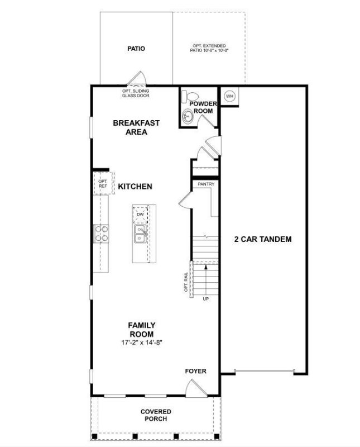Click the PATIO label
click(x=136, y=49)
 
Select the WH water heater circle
click(x=229, y=96)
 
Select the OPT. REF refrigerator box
click(x=103, y=184)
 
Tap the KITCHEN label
click(x=135, y=186)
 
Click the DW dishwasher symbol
click(x=140, y=215)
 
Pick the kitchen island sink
click(x=140, y=234)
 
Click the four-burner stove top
click(x=102, y=233)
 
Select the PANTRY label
click(x=206, y=184)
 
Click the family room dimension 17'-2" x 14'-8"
click(x=141, y=342)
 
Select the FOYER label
click(x=195, y=371)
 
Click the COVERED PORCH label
click(x=156, y=415)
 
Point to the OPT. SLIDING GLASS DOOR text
click(x=136, y=93)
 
